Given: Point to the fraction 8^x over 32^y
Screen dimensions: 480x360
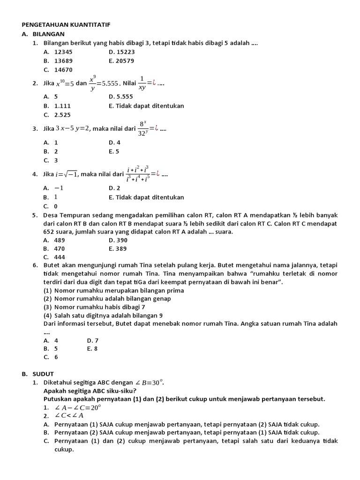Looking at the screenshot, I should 144,128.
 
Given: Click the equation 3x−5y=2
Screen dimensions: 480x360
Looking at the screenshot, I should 73,128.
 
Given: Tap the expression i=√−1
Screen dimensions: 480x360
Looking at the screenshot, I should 66,174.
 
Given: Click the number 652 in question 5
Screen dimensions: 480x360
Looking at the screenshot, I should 49,232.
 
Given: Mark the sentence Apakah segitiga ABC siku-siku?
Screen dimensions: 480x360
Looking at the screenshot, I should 90,390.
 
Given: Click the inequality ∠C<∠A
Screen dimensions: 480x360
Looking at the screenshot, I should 69,415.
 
